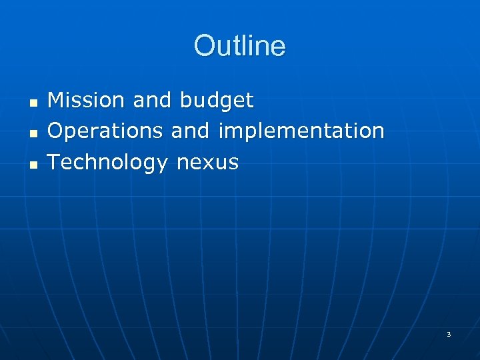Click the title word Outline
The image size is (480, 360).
239,46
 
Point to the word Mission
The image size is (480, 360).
87,101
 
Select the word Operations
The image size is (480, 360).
106,131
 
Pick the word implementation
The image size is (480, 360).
301,131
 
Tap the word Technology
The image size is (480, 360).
107,162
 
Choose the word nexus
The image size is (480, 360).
207,163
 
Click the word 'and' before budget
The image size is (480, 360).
153,101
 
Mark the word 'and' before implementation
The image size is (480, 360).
190,131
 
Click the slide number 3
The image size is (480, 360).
449,334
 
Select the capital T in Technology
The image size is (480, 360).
55,161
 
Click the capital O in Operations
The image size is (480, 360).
57,131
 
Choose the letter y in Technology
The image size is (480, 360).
161,164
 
